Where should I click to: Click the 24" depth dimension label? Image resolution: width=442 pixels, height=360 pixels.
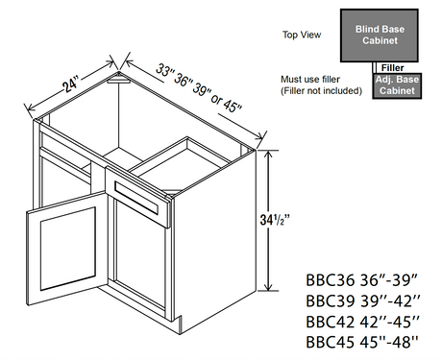[x=70, y=84]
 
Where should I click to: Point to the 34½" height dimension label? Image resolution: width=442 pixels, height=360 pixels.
[x=275, y=220]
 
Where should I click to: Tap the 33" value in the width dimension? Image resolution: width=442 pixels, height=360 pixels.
[x=164, y=71]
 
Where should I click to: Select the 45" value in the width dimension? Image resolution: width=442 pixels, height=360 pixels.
[x=232, y=106]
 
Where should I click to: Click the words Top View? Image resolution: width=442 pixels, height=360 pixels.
[x=302, y=35]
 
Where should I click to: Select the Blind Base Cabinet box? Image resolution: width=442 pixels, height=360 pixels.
[x=380, y=36]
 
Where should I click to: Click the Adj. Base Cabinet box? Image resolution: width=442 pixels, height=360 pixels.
[x=397, y=85]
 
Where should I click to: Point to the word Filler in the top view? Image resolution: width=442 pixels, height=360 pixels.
[x=392, y=68]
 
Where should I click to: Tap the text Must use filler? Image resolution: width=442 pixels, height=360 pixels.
[x=310, y=79]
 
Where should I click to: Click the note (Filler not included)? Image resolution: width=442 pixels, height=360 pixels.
[x=321, y=91]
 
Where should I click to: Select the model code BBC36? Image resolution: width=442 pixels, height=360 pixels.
[x=331, y=280]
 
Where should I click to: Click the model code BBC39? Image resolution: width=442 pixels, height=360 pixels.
[x=331, y=300]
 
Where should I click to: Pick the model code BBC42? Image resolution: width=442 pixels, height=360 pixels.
[x=331, y=322]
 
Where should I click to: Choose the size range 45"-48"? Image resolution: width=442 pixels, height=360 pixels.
[x=389, y=342]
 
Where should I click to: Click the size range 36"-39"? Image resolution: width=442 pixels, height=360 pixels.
[x=389, y=280]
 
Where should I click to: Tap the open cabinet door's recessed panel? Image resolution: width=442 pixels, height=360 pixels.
[x=68, y=249]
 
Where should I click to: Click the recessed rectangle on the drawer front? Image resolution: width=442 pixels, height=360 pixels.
[x=136, y=198]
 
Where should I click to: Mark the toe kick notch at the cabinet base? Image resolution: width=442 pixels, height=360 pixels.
[x=178, y=322]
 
